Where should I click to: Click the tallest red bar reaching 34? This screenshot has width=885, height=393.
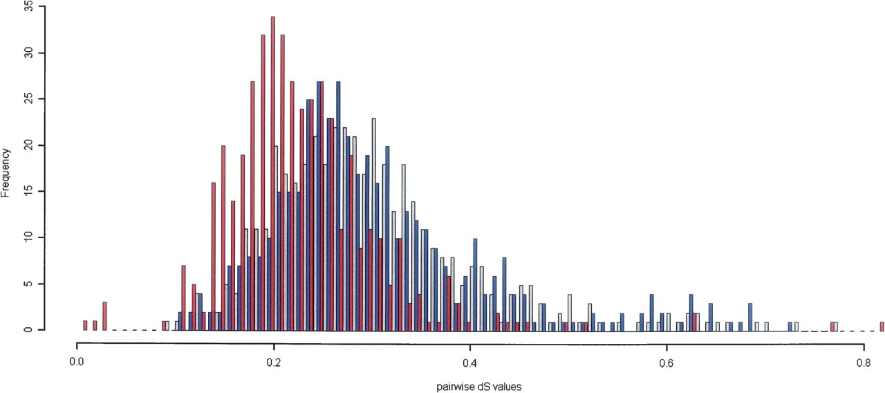click(273, 174)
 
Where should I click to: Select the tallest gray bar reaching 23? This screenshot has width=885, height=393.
click(374, 225)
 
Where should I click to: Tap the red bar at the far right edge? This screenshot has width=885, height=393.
click(882, 326)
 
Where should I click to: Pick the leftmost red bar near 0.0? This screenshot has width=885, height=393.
click(85, 325)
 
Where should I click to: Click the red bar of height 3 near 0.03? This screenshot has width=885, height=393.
click(104, 316)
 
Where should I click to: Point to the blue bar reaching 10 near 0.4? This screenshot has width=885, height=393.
click(475, 284)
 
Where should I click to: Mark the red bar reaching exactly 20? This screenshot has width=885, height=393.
click(223, 238)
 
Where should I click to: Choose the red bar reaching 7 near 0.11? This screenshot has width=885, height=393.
click(183, 298)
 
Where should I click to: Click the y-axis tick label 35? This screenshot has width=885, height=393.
click(28, 7)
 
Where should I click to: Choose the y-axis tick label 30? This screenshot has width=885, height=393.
click(28, 53)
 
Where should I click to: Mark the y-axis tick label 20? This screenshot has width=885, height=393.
click(28, 145)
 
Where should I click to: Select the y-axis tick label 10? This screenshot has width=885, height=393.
click(28, 237)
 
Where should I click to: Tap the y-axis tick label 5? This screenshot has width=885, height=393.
click(28, 284)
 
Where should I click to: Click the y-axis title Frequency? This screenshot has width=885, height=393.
click(5, 172)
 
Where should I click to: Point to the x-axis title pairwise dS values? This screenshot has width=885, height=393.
click(479, 387)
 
